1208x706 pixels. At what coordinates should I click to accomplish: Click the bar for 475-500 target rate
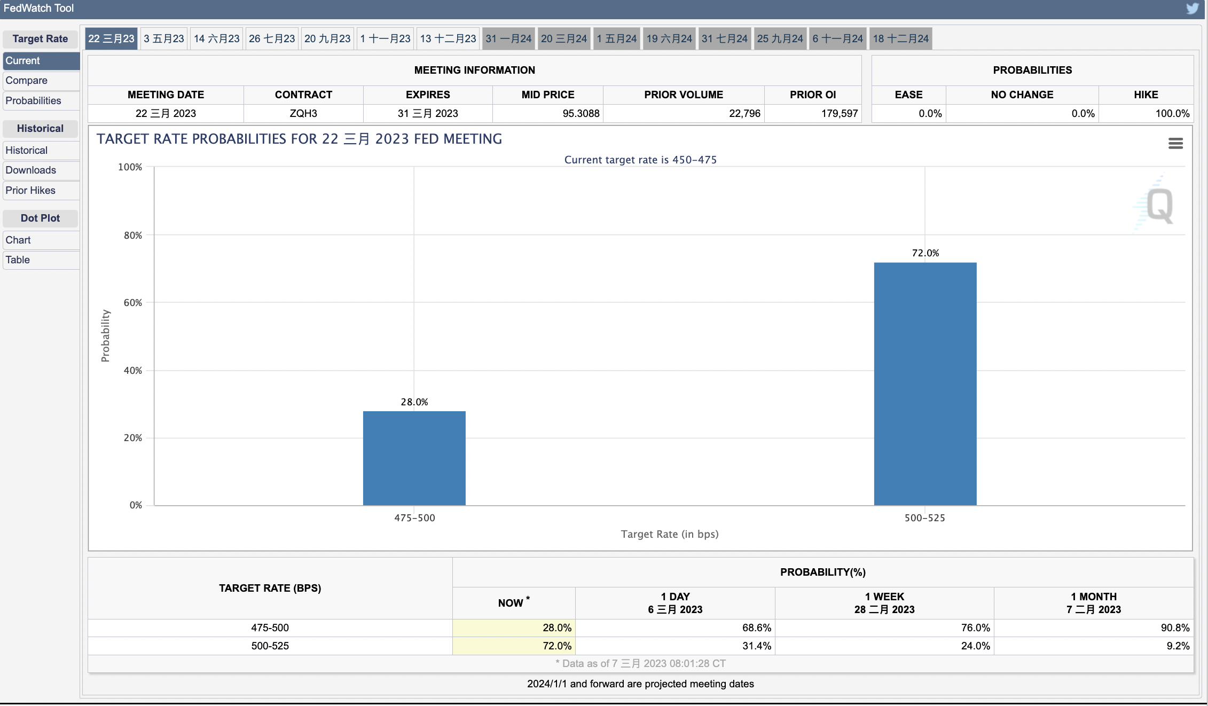coord(414,458)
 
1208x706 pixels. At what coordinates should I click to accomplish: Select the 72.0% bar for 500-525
coord(925,384)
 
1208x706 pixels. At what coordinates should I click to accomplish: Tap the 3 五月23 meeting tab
coord(164,39)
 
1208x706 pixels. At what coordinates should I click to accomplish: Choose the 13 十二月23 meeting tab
coord(448,39)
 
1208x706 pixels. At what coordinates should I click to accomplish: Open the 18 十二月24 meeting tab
coord(901,39)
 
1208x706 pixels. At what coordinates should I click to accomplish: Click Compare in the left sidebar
coord(27,81)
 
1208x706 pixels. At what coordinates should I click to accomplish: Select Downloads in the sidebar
coord(31,170)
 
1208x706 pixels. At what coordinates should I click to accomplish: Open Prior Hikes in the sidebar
coord(30,191)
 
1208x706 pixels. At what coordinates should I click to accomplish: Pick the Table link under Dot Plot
coord(18,260)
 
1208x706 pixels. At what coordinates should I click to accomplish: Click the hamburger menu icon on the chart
coord(1175,143)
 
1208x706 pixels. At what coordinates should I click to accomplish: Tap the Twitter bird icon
coord(1193,9)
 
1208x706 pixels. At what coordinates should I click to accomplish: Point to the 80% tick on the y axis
coord(133,236)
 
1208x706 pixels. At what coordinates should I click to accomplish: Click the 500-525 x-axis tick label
coord(925,518)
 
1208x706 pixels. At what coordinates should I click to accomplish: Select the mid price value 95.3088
coord(581,114)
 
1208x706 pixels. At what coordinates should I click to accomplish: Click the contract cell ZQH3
coord(303,114)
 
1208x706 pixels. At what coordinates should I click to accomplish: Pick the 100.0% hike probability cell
coord(1172,114)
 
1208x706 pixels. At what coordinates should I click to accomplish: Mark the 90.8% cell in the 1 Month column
coord(1175,628)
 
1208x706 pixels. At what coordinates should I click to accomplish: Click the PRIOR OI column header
coord(813,95)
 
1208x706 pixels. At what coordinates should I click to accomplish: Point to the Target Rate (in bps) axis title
coord(670,535)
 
